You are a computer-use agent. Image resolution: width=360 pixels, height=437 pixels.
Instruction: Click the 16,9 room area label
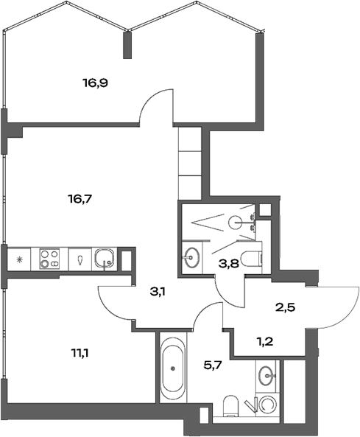click(x=95, y=83)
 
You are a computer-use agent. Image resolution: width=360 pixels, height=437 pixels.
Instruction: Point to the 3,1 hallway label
click(x=158, y=292)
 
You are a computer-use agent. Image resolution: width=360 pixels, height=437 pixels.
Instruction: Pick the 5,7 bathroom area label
click(x=213, y=363)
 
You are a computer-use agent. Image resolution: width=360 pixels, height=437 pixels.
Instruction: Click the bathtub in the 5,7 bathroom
click(x=173, y=366)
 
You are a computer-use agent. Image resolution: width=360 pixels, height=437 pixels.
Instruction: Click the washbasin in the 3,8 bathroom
click(x=193, y=257)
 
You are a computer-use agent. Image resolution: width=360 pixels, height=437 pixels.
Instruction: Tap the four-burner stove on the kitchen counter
click(x=50, y=259)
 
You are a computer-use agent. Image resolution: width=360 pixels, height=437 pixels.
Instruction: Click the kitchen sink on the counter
click(x=105, y=259)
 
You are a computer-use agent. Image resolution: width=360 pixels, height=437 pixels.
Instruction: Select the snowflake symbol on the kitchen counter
click(x=18, y=259)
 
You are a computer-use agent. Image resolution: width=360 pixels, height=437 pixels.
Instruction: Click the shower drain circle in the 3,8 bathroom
click(x=235, y=220)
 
